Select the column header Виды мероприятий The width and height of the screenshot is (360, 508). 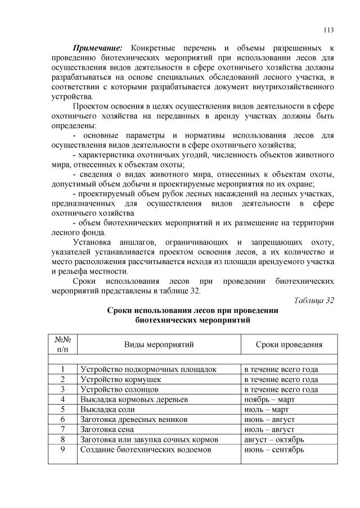tap(159, 344)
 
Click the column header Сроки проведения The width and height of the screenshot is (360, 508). tap(289, 344)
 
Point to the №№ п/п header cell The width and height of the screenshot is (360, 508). tap(62, 344)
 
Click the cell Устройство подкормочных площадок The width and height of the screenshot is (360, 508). tap(148, 369)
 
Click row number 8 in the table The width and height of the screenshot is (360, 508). tap(62, 439)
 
